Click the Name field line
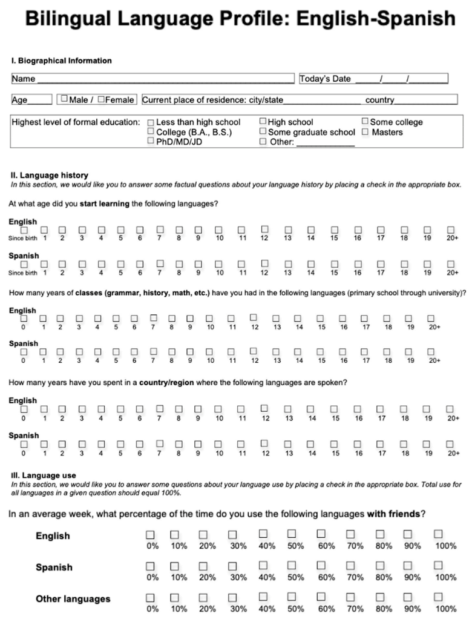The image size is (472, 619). tap(163, 79)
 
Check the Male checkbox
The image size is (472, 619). tap(63, 99)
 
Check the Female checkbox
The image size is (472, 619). tap(101, 99)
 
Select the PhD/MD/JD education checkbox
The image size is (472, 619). tap(151, 141)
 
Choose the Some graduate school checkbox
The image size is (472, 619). tap(263, 131)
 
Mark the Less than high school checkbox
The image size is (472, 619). tap(151, 122)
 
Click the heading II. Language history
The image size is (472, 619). tap(49, 176)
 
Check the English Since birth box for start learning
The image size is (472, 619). tap(24, 230)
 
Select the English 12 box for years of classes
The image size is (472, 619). tap(253, 317)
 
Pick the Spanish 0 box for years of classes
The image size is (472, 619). tap(24, 351)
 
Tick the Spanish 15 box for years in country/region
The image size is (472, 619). tap(335, 444)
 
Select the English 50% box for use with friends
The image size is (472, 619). tap(292, 534)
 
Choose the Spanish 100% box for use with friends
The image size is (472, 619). tap(439, 566)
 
